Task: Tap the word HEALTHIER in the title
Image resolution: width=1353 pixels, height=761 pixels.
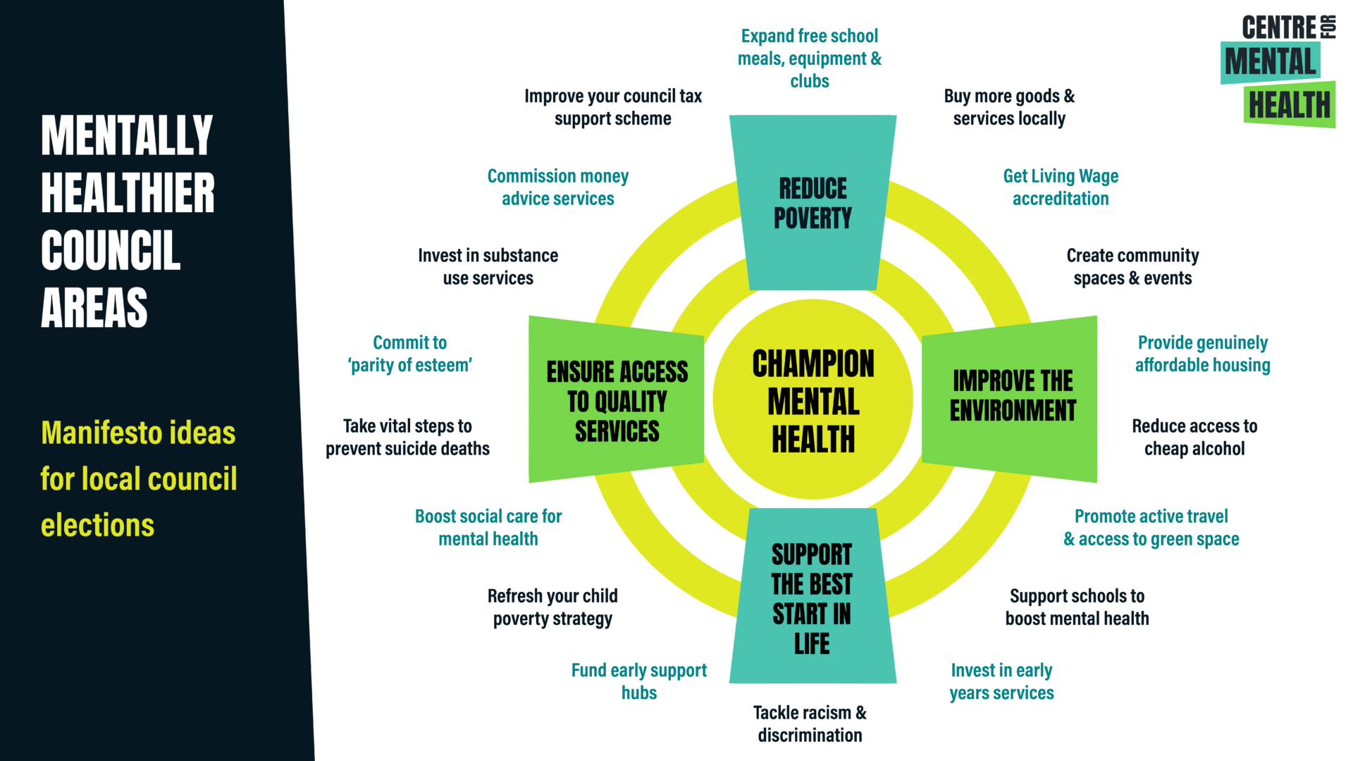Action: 128,193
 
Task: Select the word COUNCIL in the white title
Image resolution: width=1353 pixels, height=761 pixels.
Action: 111,251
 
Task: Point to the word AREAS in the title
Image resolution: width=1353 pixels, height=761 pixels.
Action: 94,308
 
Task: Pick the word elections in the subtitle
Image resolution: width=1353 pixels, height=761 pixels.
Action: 97,526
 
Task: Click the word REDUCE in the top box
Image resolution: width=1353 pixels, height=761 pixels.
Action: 813,189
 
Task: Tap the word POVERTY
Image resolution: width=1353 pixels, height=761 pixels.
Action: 813,218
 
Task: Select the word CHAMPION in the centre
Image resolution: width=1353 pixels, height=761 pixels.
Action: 813,364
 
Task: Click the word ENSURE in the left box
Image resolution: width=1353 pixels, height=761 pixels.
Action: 580,372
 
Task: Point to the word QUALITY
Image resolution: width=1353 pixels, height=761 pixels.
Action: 631,402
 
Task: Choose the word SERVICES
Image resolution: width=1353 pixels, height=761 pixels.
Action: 617,431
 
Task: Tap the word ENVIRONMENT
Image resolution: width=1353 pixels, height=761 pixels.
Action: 1013,411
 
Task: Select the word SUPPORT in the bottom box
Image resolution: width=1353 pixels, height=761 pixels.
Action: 812,555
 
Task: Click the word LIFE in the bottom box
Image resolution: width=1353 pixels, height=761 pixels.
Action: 812,644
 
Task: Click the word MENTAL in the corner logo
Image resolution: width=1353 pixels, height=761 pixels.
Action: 1270,62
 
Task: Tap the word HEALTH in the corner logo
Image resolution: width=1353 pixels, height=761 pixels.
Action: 1290,106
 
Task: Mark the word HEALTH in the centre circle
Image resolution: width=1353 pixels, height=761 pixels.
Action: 813,440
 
